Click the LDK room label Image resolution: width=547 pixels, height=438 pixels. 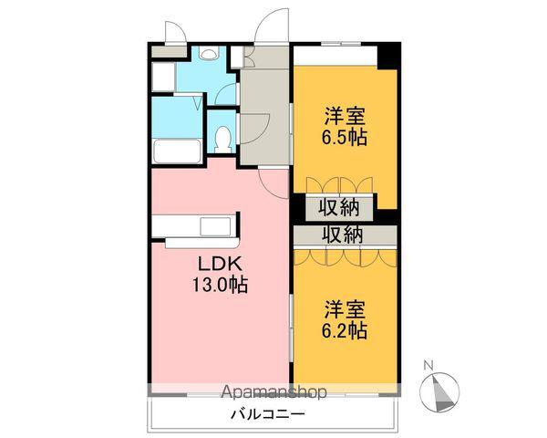pos(218,263)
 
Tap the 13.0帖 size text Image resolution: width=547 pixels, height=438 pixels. pos(218,285)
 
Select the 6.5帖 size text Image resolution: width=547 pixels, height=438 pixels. pos(344,139)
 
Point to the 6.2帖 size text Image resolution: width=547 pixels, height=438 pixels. pos(344,330)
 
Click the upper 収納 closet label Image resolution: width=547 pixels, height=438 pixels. pos(345,207)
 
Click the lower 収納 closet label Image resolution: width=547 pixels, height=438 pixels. pos(345,235)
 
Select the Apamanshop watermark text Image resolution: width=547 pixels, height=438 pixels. pos(273,393)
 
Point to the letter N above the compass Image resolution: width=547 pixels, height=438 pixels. pos(428,367)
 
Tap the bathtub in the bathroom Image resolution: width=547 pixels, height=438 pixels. pos(176,151)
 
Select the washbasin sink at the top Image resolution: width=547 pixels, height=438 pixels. pos(209,56)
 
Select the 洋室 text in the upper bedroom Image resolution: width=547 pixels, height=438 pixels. pos(344,117)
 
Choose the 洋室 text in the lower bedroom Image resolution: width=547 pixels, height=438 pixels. pos(344,308)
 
